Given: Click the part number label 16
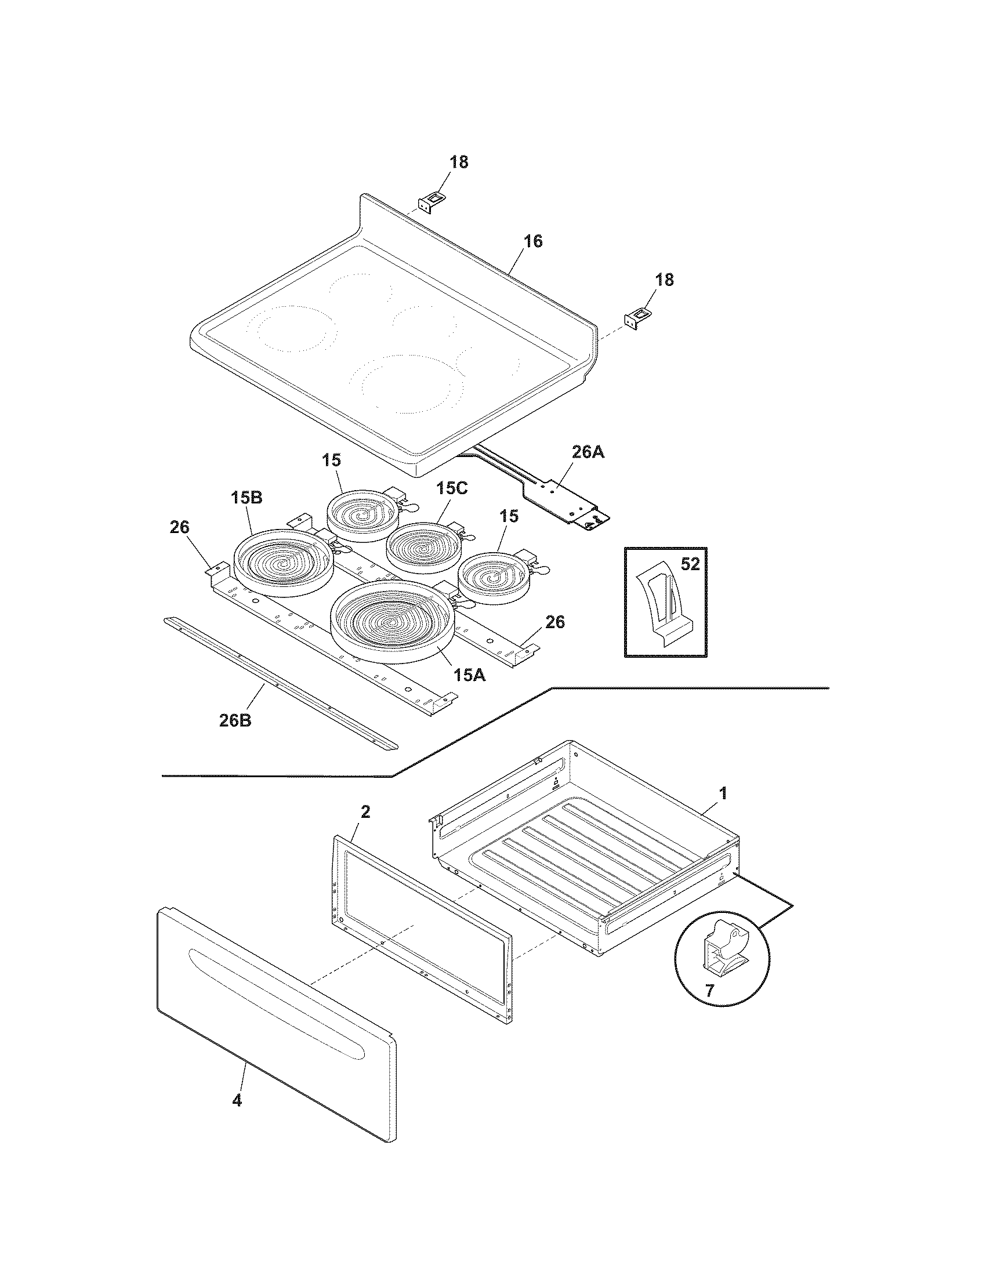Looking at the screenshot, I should pos(532,241).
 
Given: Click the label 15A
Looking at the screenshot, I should pos(470,675).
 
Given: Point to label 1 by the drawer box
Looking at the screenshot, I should pos(723,793).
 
